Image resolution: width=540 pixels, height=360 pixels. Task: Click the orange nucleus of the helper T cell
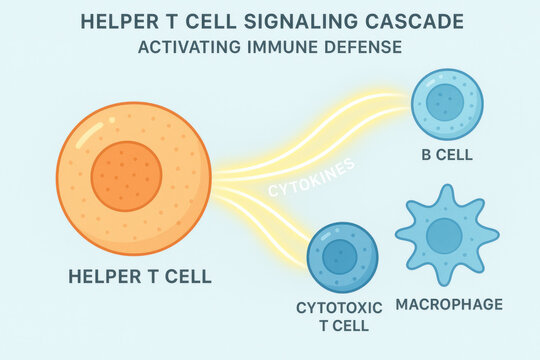click(126, 176)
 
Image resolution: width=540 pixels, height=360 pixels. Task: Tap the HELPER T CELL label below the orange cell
click(140, 277)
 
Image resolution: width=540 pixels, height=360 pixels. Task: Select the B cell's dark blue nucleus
click(445, 102)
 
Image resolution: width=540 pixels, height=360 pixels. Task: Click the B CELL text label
click(446, 155)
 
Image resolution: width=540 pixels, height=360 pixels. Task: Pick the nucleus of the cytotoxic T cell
click(340, 256)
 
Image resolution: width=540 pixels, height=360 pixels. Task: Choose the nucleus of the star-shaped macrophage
click(444, 236)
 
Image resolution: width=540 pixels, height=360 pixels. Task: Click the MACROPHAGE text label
click(449, 304)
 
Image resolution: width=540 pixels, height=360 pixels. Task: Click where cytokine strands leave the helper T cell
click(214, 180)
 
